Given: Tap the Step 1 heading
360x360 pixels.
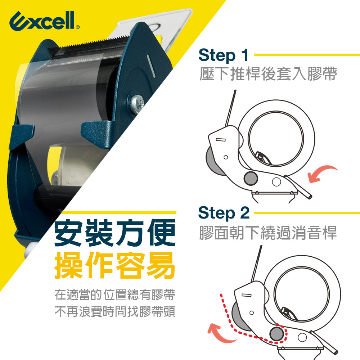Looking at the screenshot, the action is [x=224, y=55].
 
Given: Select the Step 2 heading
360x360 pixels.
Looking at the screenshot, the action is [x=224, y=213].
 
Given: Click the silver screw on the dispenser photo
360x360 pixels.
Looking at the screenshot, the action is [x=137, y=104].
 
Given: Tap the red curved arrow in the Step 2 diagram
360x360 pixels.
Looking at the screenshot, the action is [x=220, y=333].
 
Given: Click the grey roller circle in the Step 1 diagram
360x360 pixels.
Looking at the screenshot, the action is [x=251, y=179].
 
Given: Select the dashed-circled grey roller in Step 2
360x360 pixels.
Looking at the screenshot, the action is [x=276, y=334].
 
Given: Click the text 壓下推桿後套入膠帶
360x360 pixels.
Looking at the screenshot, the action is [x=268, y=74].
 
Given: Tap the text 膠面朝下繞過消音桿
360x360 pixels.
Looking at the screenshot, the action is [x=268, y=233].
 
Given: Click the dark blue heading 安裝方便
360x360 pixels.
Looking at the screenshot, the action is [x=115, y=233].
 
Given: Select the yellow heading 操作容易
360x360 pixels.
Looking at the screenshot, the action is [x=115, y=265].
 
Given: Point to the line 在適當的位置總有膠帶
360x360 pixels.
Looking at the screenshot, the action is [x=115, y=294].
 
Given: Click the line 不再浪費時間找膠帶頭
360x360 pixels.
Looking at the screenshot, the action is [x=115, y=311].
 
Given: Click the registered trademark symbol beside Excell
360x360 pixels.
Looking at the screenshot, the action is [x=78, y=27].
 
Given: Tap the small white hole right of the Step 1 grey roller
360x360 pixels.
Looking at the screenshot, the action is [x=276, y=182].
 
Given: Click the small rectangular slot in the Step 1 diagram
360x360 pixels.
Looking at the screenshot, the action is [x=221, y=140].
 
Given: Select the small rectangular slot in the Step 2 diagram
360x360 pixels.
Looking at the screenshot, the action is [x=246, y=295].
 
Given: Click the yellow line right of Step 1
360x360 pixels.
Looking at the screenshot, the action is [x=307, y=55].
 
